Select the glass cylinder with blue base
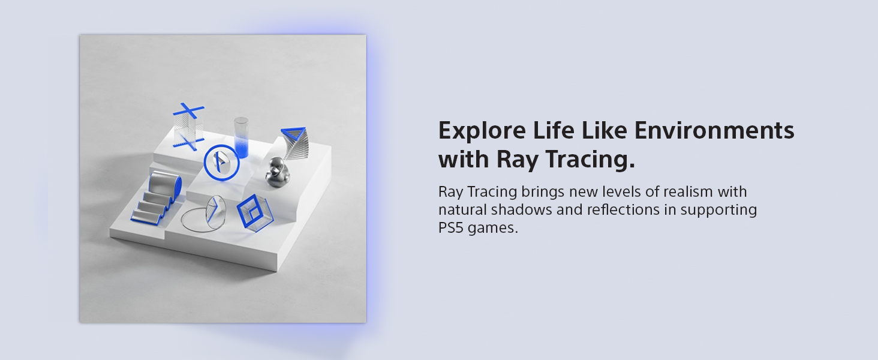(x=241, y=137)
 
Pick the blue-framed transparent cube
(x=254, y=211)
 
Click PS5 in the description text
(x=451, y=229)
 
